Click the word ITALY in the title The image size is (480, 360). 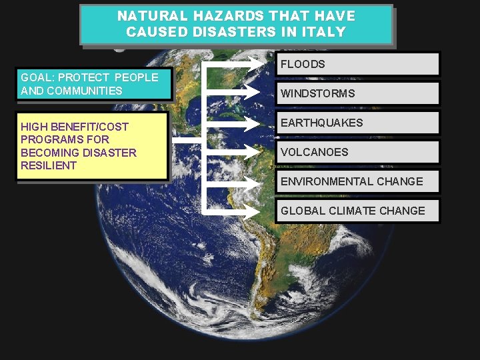pos(323,31)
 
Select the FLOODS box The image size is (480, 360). pos(357,64)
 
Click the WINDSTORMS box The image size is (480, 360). pos(357,93)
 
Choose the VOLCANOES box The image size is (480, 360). pos(357,152)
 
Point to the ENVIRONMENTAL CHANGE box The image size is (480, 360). pos(357,181)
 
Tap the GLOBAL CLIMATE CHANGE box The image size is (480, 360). pos(357,211)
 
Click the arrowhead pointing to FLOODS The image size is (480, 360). pos(259,65)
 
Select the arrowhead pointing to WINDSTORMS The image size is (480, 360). pos(259,94)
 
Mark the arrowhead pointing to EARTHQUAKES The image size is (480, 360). pos(259,123)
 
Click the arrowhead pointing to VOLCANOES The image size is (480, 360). pos(259,153)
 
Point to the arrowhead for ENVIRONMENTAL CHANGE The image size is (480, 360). pos(259,182)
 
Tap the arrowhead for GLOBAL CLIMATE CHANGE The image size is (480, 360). pos(259,211)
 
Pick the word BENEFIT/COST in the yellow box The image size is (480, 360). pos(89,127)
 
